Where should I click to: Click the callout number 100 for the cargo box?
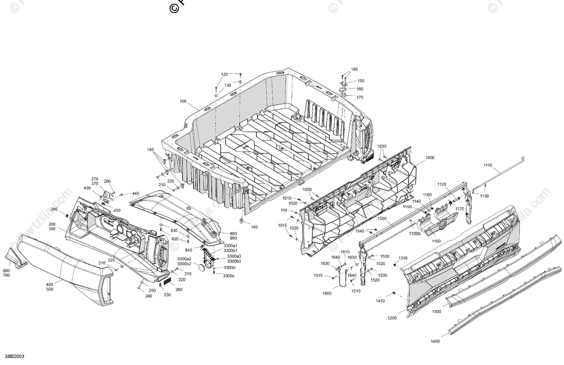(x=183, y=101)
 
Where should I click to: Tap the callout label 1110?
(x=487, y=165)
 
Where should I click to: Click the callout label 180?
(x=354, y=69)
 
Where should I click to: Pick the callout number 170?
(x=360, y=97)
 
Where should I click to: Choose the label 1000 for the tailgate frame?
(x=430, y=158)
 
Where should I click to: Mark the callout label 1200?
(x=392, y=318)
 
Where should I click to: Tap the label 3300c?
(x=229, y=276)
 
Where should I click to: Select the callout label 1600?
(x=327, y=294)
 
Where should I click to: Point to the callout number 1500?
(x=382, y=219)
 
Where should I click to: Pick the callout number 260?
(x=179, y=289)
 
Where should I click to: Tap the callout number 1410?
(x=380, y=301)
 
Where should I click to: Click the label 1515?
(x=318, y=275)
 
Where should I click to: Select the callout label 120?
(x=224, y=75)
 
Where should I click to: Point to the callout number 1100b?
(x=415, y=233)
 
